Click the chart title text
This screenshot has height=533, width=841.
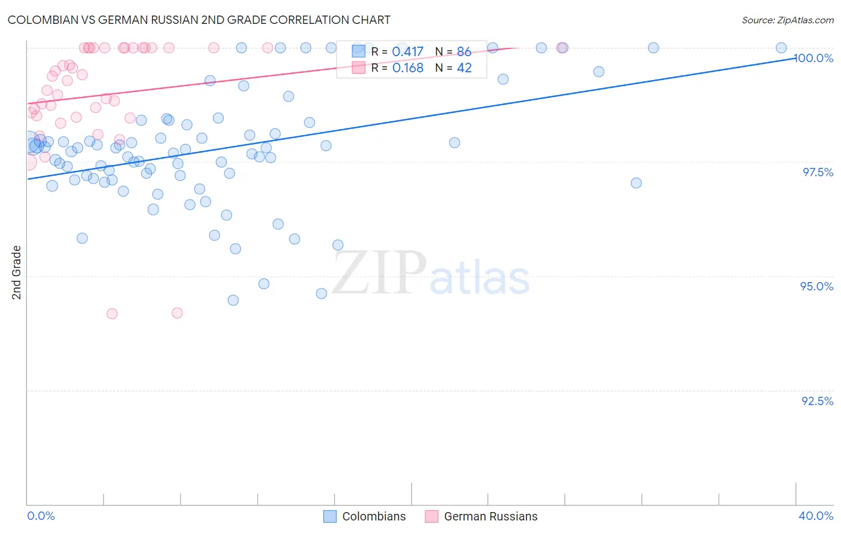point(199,20)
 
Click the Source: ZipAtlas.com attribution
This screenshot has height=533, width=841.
point(787,20)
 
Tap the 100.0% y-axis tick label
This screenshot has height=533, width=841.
point(813,58)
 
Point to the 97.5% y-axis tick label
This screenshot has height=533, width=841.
point(818,172)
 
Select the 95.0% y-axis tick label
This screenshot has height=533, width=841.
point(816,286)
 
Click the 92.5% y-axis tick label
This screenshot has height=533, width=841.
point(817,401)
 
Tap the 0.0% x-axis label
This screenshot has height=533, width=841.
point(41,516)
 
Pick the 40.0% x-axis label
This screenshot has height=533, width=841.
point(816,516)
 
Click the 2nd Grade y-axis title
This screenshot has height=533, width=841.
point(17,272)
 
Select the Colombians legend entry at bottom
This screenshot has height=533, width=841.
point(365,516)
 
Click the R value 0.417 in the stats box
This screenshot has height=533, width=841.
point(408,52)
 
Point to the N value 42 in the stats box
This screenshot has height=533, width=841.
point(464,68)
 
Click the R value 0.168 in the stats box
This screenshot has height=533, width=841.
point(408,68)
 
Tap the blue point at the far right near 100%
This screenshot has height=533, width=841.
point(781,48)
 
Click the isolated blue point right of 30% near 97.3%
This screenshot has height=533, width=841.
point(636,183)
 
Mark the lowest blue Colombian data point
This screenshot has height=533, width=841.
point(233,300)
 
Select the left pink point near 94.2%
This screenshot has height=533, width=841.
point(112,314)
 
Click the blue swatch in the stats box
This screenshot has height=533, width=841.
point(358,51)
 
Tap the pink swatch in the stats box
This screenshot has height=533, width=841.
point(358,68)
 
